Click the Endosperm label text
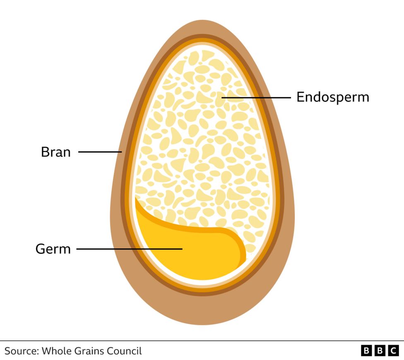coord(333,98)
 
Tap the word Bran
coord(55,152)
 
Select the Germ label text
coord(53,249)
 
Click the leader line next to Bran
coord(100,152)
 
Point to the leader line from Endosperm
coord(256,98)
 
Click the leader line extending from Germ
coord(129,249)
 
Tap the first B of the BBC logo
coord(366,351)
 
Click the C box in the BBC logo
coord(393,351)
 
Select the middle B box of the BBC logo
coord(380,351)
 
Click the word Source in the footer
coord(22,351)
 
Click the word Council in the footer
coord(124,351)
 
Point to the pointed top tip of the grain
coord(202,20)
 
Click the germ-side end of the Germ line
coord(183,249)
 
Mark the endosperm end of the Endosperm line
coord(222,98)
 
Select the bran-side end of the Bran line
coord(122,152)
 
